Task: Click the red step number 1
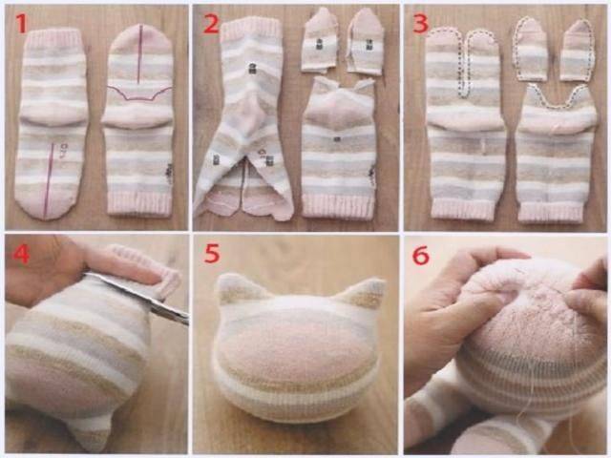(21, 23)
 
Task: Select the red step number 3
(420, 23)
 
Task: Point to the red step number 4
(21, 255)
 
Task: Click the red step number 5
(212, 254)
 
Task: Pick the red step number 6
(421, 256)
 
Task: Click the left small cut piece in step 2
(319, 40)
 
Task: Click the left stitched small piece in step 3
(532, 50)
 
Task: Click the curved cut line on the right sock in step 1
(139, 94)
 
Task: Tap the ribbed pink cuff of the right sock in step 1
(139, 203)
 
